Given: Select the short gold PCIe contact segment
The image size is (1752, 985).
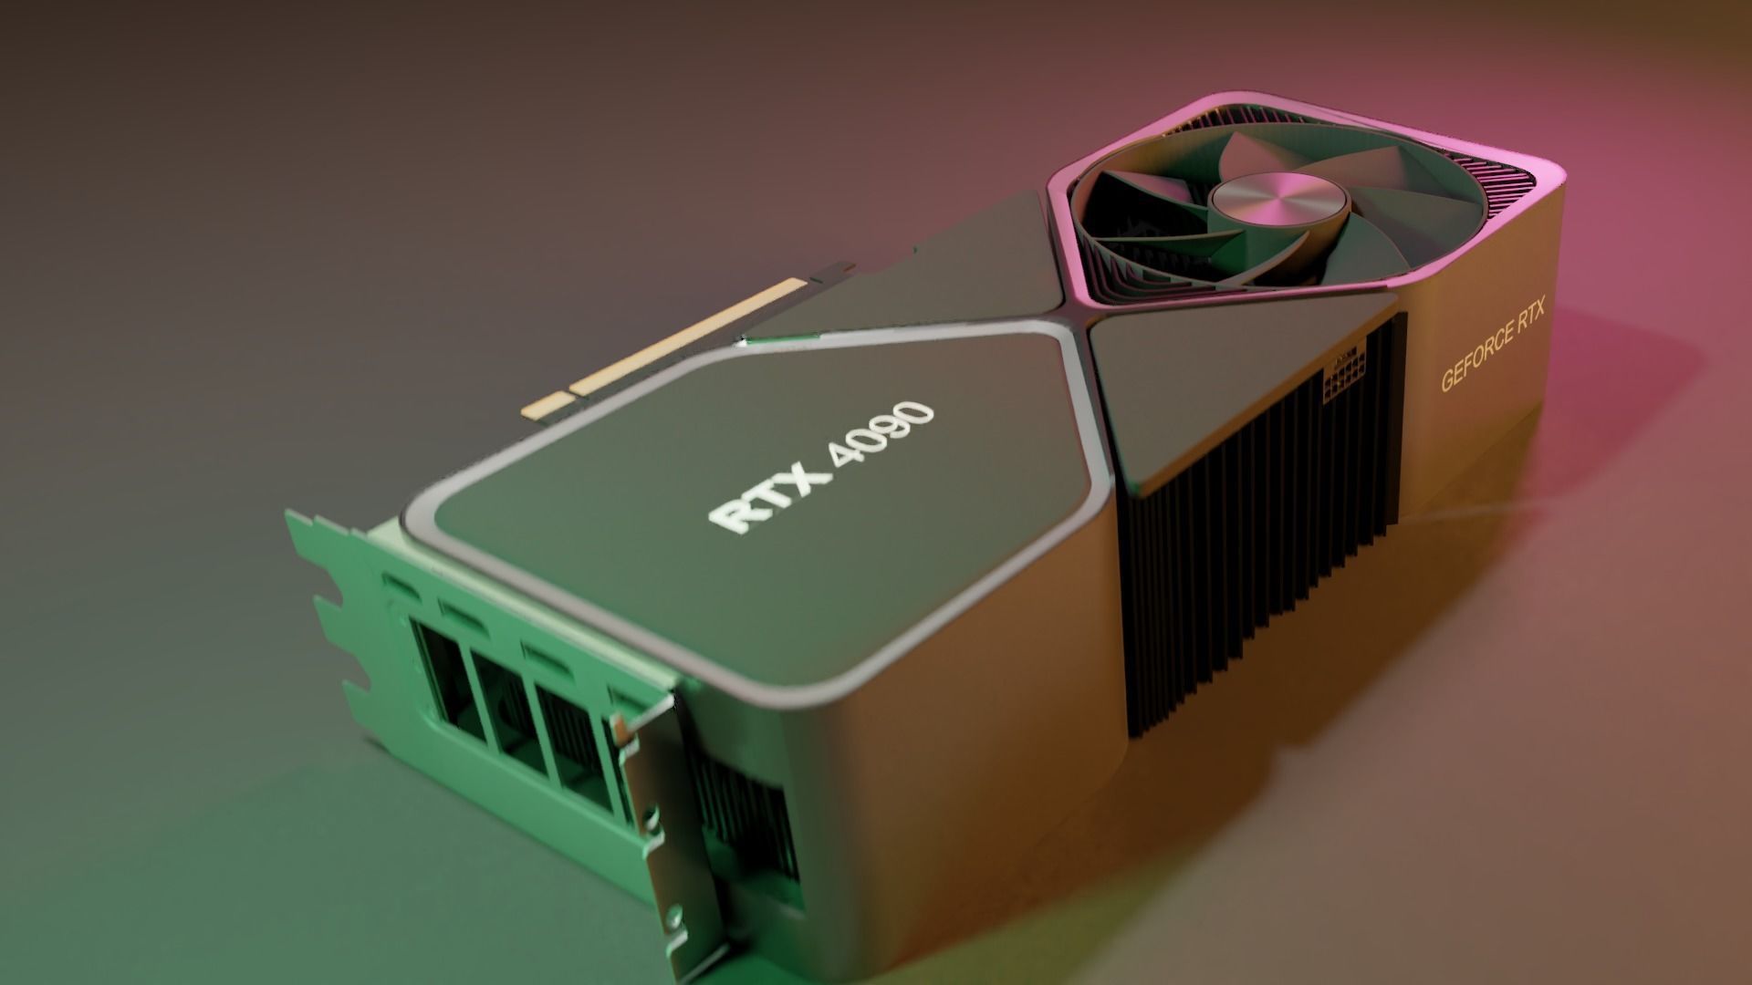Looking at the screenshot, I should coord(544,407).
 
